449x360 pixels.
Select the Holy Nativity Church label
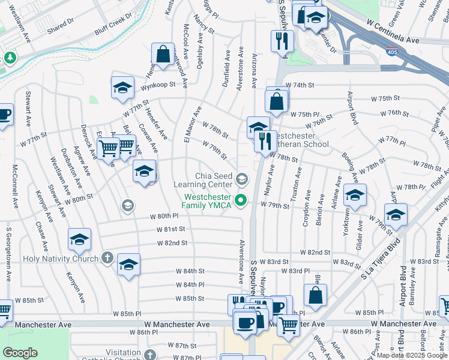coord(60,259)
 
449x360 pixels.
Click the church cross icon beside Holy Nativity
coord(107,259)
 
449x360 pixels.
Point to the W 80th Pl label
coord(164,215)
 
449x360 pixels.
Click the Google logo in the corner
coord(19,353)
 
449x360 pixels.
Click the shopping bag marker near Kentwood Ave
coord(163,54)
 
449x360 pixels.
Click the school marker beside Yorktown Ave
coord(355,194)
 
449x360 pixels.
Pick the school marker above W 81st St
coord(79,239)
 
